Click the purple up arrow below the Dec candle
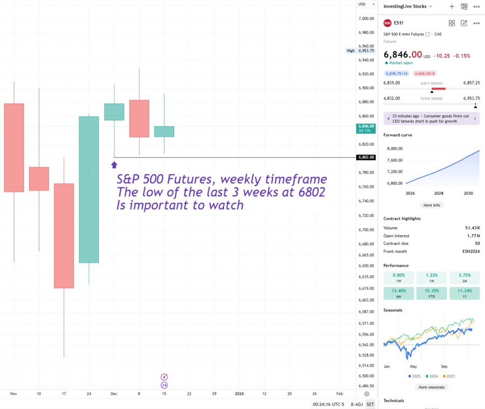click(x=114, y=165)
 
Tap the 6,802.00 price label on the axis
click(x=366, y=158)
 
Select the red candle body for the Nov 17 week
click(x=64, y=236)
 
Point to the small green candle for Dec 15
click(x=164, y=131)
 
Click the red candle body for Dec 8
click(x=139, y=118)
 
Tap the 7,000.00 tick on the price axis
click(x=366, y=18)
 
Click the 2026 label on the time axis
click(x=239, y=393)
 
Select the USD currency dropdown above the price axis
click(x=366, y=4)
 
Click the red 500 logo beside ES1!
click(x=387, y=23)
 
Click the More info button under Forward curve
click(x=432, y=205)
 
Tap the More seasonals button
click(x=432, y=387)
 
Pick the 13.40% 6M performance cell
click(x=399, y=293)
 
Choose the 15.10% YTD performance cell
click(x=432, y=293)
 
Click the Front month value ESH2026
click(x=470, y=251)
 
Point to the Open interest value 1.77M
click(x=474, y=236)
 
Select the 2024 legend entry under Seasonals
click(x=432, y=376)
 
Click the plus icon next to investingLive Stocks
click(x=452, y=6)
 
